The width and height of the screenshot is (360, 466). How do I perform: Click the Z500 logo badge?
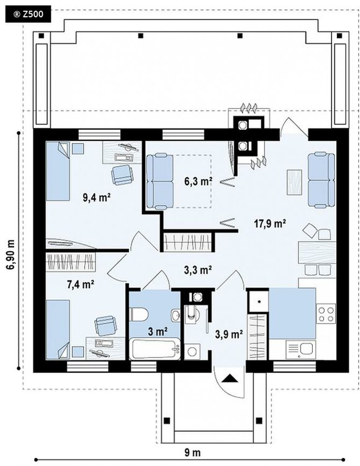28,14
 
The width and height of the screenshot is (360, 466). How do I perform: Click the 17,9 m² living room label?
270,223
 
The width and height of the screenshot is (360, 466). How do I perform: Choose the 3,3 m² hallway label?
197,270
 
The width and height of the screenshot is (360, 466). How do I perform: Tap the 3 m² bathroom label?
158,331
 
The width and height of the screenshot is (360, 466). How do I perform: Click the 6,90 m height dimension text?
11,254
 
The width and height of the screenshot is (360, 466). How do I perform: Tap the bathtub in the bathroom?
155,349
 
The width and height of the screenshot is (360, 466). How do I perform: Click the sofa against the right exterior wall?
322,180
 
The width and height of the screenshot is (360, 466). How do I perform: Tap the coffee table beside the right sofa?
294,182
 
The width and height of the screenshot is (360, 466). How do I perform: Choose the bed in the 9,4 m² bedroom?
58,171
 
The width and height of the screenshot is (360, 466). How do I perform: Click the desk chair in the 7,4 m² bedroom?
105,325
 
